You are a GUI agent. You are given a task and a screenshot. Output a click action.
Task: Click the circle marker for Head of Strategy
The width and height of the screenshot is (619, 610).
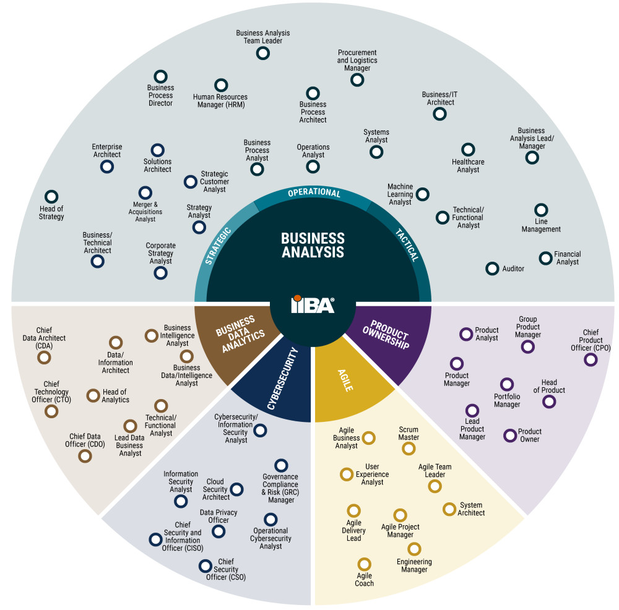(x=51, y=197)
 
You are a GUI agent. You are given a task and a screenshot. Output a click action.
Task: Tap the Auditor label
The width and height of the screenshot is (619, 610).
(x=513, y=269)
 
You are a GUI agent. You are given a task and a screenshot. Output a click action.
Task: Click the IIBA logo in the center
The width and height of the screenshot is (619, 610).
(x=313, y=304)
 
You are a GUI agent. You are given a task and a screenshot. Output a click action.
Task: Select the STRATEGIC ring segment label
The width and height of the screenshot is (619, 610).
(x=217, y=246)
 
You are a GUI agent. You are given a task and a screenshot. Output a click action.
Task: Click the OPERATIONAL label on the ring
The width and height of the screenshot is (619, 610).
(x=314, y=193)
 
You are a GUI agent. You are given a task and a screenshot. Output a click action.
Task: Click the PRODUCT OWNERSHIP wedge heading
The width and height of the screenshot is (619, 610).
(x=388, y=335)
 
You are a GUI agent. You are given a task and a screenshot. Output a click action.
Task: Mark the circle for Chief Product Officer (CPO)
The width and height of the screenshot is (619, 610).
(x=591, y=359)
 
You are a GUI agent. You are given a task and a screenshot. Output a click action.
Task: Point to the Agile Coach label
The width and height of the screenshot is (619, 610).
(x=364, y=580)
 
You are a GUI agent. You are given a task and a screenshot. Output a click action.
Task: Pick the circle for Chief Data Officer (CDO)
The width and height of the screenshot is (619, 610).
(x=85, y=456)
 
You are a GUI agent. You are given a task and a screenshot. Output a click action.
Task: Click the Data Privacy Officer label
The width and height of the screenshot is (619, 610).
(x=218, y=517)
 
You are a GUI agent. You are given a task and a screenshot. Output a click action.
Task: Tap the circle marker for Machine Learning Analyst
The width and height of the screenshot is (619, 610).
(x=422, y=194)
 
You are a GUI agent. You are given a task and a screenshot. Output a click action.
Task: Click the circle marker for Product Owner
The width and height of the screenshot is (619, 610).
(x=509, y=436)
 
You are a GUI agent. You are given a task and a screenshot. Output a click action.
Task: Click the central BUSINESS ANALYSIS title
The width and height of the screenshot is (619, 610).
(x=313, y=245)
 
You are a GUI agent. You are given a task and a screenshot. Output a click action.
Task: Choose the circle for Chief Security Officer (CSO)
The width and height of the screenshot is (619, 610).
(x=205, y=565)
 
